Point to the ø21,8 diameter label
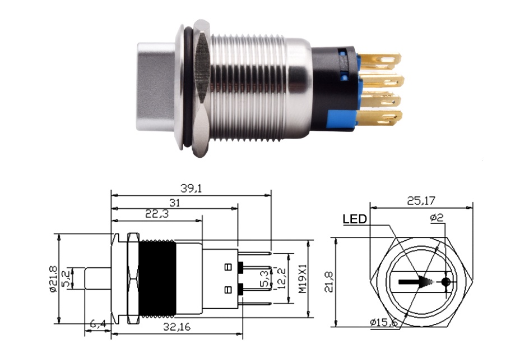click(54, 279)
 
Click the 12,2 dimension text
click(283, 279)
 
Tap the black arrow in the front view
click(417, 282)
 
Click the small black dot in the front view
click(446, 282)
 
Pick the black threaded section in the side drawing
click(157, 279)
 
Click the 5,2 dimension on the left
click(67, 278)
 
